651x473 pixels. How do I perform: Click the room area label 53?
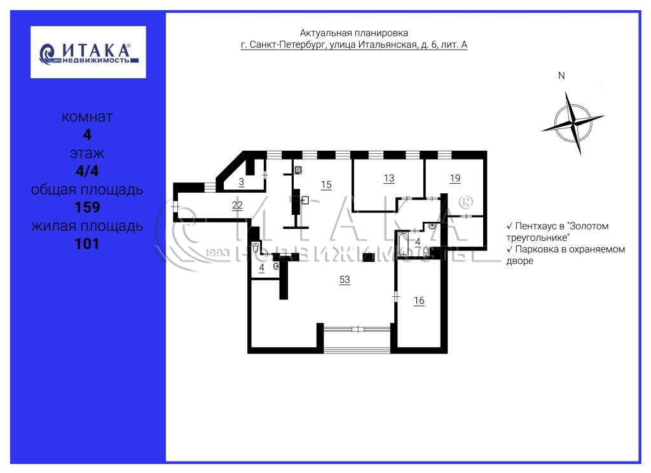pyautogui.click(x=345, y=280)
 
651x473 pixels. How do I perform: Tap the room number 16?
pyautogui.click(x=419, y=300)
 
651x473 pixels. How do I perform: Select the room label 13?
pyautogui.click(x=388, y=178)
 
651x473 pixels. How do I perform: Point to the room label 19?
pyautogui.click(x=455, y=178)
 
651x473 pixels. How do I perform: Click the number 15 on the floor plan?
pyautogui.click(x=326, y=185)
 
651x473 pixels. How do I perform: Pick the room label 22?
pyautogui.click(x=237, y=205)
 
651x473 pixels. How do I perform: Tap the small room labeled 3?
pyautogui.click(x=241, y=182)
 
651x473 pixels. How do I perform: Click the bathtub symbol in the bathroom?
pyautogui.click(x=403, y=244)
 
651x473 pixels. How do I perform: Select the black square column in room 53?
pyautogui.click(x=368, y=257)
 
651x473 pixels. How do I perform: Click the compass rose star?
pyautogui.click(x=573, y=124)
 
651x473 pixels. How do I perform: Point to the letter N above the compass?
pyautogui.click(x=561, y=76)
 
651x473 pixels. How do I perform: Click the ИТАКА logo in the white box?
pyautogui.click(x=88, y=52)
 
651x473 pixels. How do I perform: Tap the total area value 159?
pyautogui.click(x=87, y=207)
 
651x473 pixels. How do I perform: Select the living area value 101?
pyautogui.click(x=87, y=243)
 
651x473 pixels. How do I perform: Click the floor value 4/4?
pyautogui.click(x=87, y=170)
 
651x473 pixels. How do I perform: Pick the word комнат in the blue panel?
pyautogui.click(x=86, y=117)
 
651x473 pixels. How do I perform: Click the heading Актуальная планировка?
pyautogui.click(x=353, y=33)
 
